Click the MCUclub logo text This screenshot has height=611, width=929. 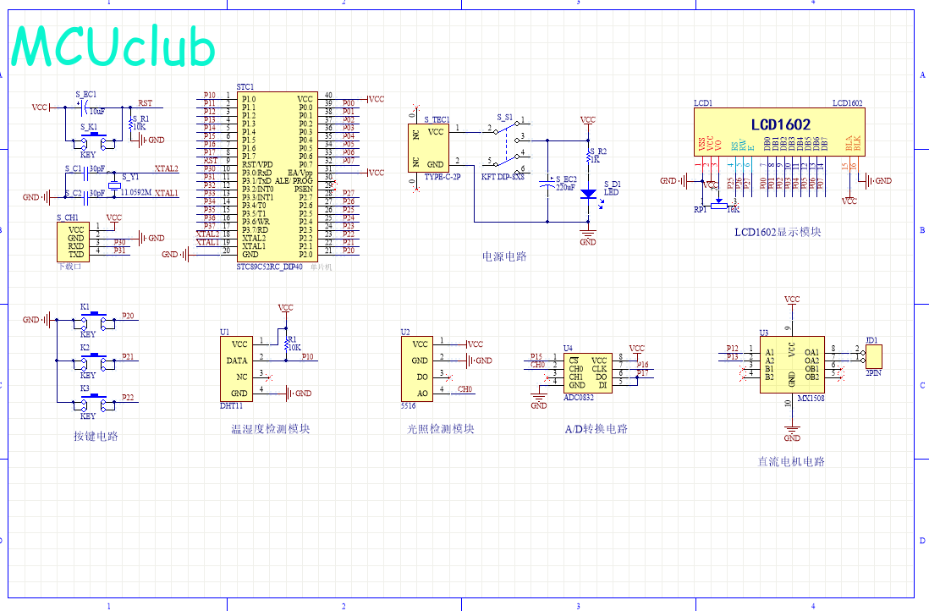[x=113, y=47]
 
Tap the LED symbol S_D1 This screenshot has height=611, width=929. [x=587, y=193]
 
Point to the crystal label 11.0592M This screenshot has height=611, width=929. [x=135, y=193]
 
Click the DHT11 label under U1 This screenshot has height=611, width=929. [x=231, y=405]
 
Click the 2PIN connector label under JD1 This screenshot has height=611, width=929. [x=874, y=372]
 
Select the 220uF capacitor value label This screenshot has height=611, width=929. [x=565, y=188]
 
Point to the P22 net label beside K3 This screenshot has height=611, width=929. [x=128, y=397]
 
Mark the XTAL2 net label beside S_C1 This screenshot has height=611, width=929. [x=166, y=168]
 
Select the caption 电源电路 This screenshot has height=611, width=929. [x=504, y=256]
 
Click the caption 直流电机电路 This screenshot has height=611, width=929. [x=791, y=461]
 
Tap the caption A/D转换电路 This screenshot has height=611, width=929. [x=596, y=429]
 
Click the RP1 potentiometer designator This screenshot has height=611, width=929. [x=699, y=209]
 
